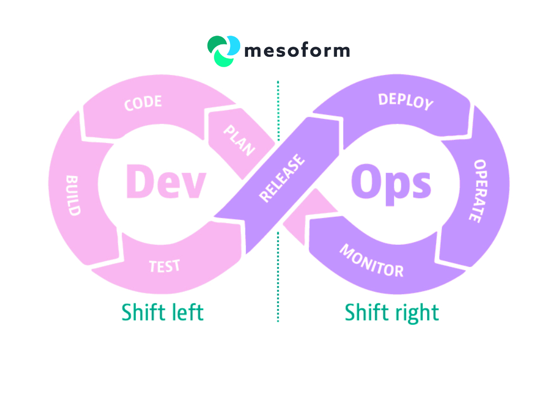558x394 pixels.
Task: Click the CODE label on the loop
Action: (143, 103)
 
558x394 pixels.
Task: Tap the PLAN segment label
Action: (239, 140)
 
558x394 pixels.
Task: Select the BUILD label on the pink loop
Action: (73, 195)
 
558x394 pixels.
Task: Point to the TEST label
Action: (164, 266)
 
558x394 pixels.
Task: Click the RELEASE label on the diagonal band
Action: (282, 178)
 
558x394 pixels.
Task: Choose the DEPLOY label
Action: (406, 101)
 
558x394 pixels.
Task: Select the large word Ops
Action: (391, 183)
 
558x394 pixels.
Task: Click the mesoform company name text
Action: (297, 51)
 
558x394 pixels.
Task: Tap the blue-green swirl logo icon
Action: (224, 51)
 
